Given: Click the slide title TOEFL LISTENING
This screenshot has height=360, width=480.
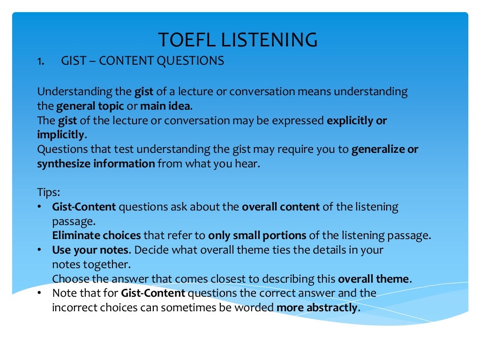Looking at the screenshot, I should (238, 40).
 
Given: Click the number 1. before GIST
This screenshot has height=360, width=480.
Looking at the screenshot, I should (41, 61).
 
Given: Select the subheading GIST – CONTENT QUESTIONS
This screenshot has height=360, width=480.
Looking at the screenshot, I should (142, 61).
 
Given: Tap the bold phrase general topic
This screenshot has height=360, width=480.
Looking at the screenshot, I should (90, 106).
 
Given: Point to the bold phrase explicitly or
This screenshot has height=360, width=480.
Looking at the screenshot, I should (357, 120).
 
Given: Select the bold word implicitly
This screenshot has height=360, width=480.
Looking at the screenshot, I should (60, 135).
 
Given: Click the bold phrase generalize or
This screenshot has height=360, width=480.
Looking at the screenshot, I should (384, 150).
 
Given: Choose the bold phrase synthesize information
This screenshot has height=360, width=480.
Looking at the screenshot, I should (96, 164).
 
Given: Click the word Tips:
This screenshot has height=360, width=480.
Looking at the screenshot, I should (48, 193).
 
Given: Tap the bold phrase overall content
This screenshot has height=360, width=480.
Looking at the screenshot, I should (281, 207).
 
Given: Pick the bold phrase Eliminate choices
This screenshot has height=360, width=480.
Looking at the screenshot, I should (96, 235).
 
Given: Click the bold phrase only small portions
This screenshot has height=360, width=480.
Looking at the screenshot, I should (257, 235).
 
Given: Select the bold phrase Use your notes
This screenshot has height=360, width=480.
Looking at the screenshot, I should (90, 250).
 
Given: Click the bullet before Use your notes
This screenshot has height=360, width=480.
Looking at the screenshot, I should (40, 250).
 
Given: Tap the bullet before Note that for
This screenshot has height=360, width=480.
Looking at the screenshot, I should (40, 293).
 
